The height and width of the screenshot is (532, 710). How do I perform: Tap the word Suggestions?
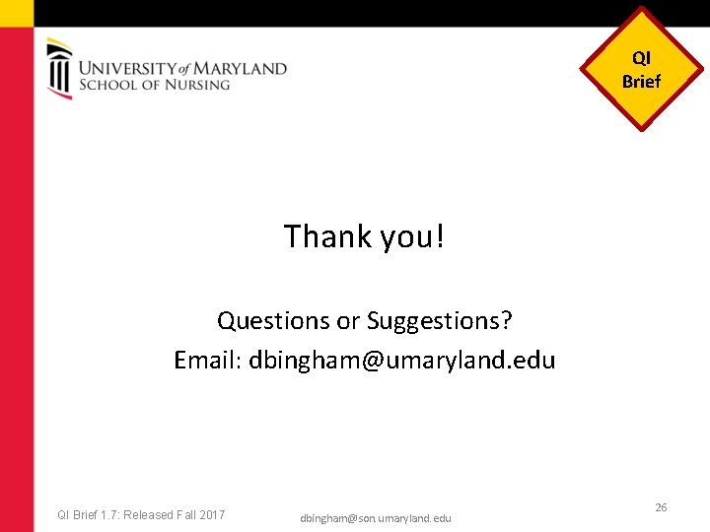(x=440, y=322)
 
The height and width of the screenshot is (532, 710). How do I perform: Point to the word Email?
(x=208, y=361)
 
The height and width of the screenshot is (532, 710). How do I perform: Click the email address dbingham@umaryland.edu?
(x=402, y=361)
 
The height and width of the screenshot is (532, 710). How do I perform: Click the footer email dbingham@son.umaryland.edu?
(x=376, y=518)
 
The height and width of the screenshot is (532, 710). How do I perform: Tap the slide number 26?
(x=661, y=507)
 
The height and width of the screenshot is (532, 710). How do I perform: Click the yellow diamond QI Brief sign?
(x=642, y=70)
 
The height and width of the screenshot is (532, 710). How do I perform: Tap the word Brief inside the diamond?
(x=642, y=82)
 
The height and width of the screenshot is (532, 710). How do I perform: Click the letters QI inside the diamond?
(x=642, y=59)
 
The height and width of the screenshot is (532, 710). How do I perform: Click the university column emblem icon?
(x=59, y=68)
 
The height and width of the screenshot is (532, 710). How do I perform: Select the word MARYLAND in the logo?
(x=242, y=69)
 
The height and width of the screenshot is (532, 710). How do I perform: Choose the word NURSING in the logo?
(x=196, y=85)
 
